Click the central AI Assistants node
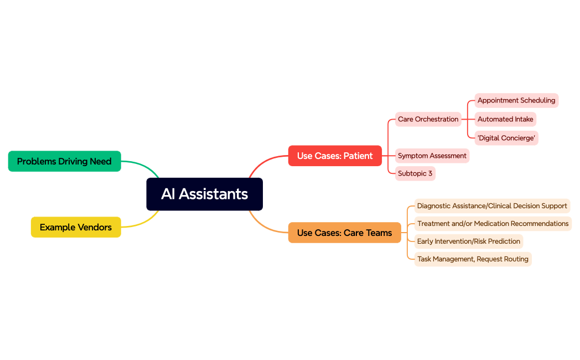coord(204,194)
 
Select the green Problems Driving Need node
coord(64,161)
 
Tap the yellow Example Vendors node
coord(76,227)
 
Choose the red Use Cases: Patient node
coord(335,156)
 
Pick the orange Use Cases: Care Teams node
coord(344,233)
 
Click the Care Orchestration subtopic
coord(428,119)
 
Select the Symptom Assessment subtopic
coord(432,156)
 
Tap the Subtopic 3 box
coord(415,173)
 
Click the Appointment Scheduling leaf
coord(516,100)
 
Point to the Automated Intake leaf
coord(505,119)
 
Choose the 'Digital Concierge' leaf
coord(506,138)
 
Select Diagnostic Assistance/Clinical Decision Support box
coord(492,206)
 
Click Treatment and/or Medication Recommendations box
coord(493,224)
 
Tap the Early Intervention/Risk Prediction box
coord(468,241)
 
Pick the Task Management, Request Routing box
coord(473,259)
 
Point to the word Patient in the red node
coord(358,156)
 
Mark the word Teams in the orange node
coord(379,233)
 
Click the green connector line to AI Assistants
coord(143,164)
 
